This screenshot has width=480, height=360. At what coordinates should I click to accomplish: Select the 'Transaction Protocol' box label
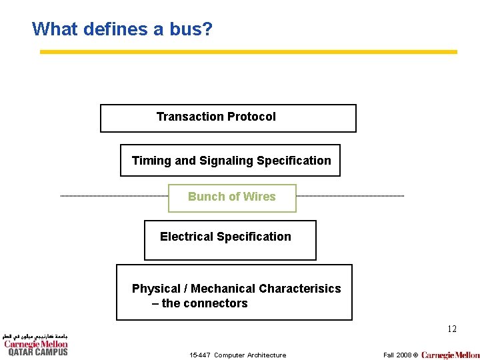click(x=216, y=117)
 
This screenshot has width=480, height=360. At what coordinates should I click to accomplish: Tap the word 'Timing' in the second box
click(x=151, y=161)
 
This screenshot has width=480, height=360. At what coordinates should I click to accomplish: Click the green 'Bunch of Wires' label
click(x=231, y=197)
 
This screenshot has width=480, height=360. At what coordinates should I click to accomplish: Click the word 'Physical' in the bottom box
click(x=156, y=289)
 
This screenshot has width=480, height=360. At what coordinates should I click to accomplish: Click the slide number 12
click(x=451, y=329)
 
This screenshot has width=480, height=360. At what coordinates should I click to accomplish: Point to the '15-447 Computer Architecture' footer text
click(x=237, y=355)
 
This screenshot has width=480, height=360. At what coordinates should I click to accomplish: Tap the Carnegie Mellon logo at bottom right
click(x=450, y=355)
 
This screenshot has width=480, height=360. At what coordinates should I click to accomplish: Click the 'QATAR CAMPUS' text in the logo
click(x=37, y=352)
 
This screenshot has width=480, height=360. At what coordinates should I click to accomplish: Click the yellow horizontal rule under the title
click(x=248, y=51)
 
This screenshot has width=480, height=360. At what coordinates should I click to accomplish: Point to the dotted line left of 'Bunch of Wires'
click(x=113, y=196)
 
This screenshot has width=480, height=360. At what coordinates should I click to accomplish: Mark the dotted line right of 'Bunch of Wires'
click(x=350, y=196)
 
